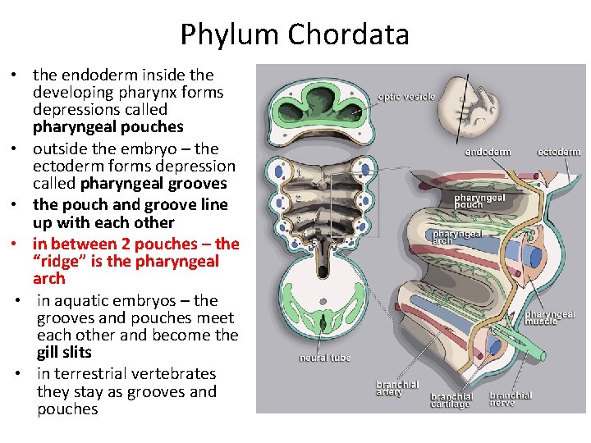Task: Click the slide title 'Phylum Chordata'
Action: [295, 34]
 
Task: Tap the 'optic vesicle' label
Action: [406, 97]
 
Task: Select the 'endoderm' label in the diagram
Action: [488, 152]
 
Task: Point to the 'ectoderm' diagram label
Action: [558, 152]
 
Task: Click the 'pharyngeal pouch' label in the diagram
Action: [479, 201]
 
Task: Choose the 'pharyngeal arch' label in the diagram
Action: [457, 237]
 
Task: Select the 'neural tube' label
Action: [325, 358]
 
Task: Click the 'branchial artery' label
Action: [397, 388]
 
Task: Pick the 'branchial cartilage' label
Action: [451, 400]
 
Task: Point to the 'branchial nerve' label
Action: [511, 399]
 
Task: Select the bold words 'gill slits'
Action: [64, 352]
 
